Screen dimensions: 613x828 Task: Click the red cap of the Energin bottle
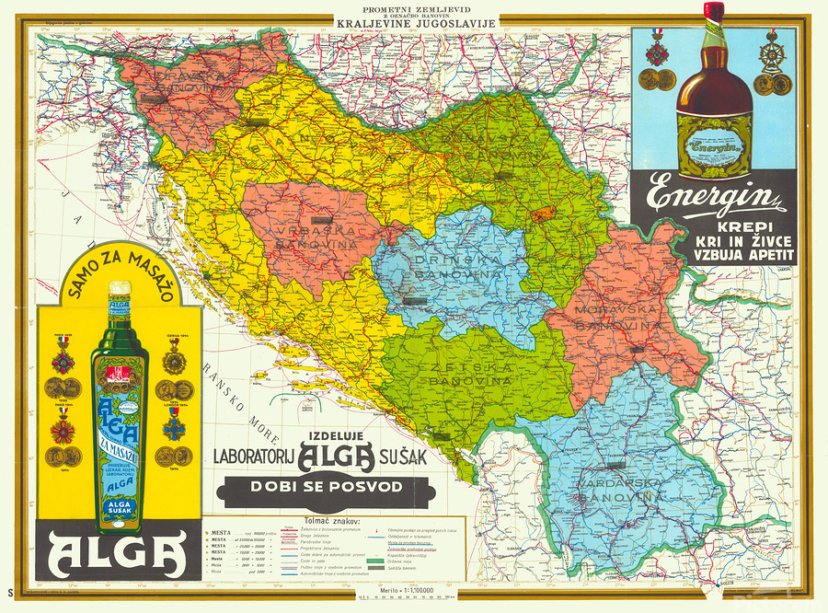714,11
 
